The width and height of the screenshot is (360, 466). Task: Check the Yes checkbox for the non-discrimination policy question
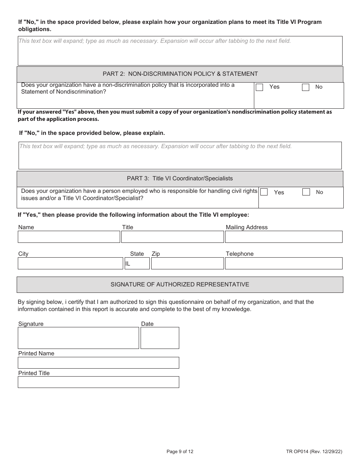[x=260, y=88]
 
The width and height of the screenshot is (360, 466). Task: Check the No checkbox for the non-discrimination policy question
[x=305, y=88]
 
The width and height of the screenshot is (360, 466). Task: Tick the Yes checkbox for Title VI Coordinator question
[x=264, y=192]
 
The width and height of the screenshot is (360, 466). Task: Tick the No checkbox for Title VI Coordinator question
[x=306, y=192]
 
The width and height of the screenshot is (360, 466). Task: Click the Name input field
[x=69, y=237]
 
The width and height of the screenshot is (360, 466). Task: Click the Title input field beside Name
[x=172, y=237]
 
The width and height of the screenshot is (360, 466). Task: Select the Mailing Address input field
[x=283, y=237]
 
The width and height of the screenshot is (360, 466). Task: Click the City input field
[x=70, y=263]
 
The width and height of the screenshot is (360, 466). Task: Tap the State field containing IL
[x=137, y=263]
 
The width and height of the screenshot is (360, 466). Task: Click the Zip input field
[x=187, y=263]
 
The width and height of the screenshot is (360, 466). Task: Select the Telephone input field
[x=283, y=263]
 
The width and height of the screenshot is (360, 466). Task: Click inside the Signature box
[x=78, y=338]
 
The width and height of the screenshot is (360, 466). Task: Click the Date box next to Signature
[x=160, y=338]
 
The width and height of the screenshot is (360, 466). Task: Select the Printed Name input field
[x=99, y=363]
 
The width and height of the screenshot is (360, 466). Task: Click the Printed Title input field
[x=99, y=382]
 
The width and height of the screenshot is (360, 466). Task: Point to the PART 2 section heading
[x=180, y=74]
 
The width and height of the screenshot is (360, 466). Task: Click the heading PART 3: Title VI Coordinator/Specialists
[x=180, y=178]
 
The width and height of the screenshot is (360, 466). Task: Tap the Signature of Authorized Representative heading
[x=180, y=285]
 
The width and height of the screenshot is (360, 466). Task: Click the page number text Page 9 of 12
[x=180, y=451]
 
